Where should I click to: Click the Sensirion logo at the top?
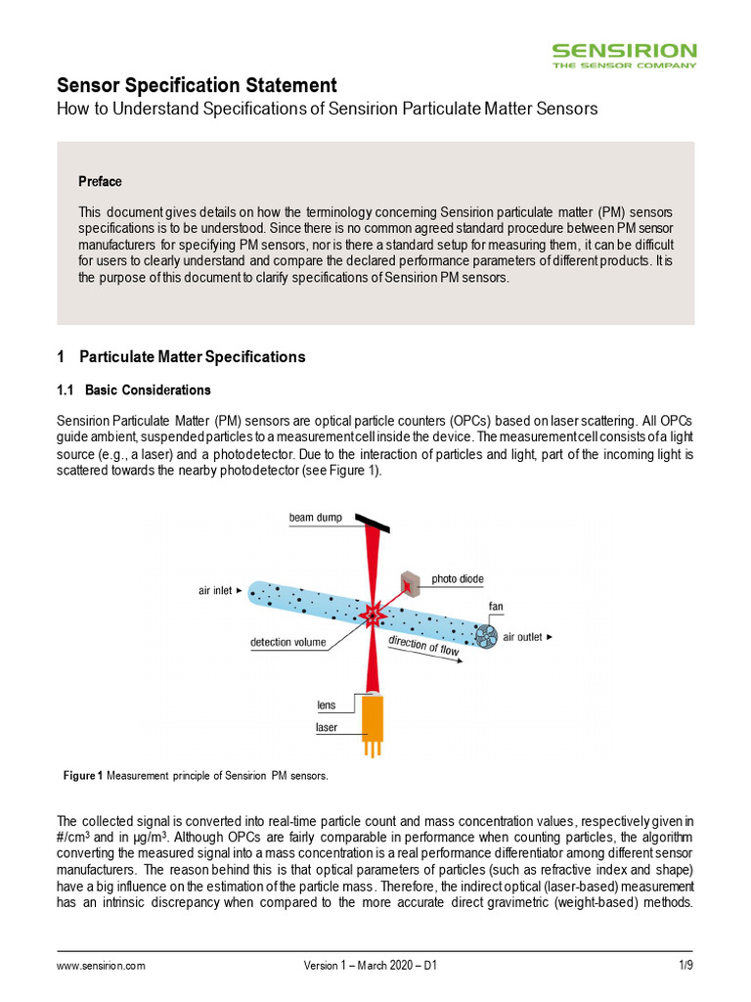coord(624,54)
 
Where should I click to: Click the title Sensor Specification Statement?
coord(197,85)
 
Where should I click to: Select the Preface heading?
coord(100,182)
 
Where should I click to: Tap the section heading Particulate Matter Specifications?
coord(192,357)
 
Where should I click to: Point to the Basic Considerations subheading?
coord(147,390)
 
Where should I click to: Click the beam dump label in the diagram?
coord(315,518)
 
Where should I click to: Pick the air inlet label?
coord(218,590)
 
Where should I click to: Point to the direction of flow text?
coord(423,646)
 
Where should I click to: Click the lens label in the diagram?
coord(326,704)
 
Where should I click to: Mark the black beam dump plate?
coord(372,524)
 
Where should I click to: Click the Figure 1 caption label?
coord(82,776)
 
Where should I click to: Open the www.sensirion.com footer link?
coord(101,966)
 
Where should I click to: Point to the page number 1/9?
coord(685,966)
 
